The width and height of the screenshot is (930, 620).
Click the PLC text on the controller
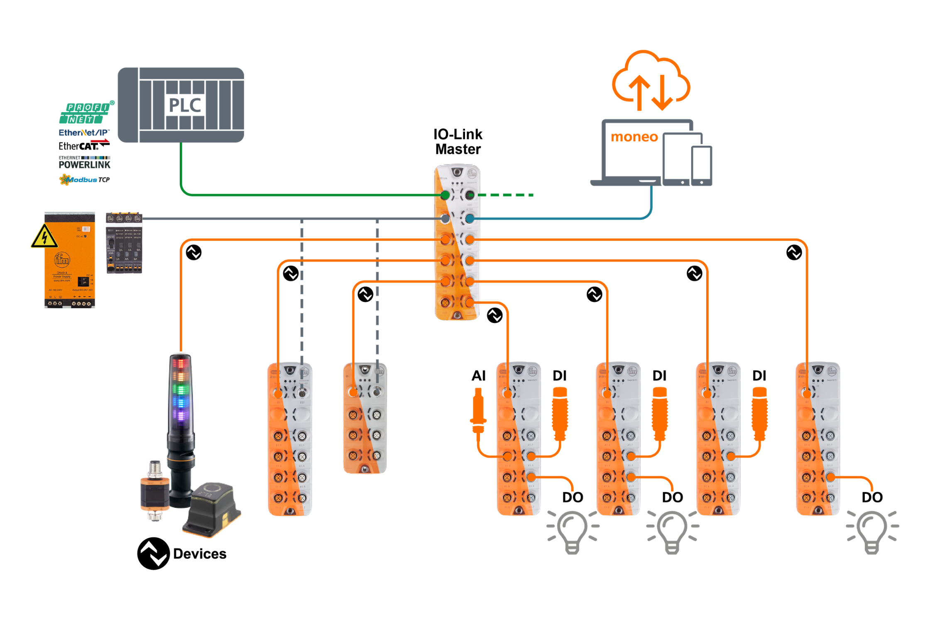[185, 105]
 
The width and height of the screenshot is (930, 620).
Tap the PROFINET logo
[86, 113]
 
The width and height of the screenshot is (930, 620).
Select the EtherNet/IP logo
[84, 133]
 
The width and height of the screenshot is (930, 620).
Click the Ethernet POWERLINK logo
[85, 162]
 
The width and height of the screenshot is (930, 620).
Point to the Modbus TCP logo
[85, 179]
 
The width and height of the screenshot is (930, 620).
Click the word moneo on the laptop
[634, 137]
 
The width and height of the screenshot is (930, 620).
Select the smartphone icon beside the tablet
[702, 166]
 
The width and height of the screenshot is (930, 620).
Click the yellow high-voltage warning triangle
[44, 237]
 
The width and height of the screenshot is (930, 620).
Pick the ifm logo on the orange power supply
[62, 260]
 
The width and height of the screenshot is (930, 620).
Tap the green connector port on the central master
[445, 195]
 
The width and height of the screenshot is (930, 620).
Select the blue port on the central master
[470, 218]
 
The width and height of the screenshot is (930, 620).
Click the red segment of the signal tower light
[180, 364]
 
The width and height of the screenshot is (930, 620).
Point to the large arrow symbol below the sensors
[154, 554]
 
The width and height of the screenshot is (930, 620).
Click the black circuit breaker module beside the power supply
[124, 243]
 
